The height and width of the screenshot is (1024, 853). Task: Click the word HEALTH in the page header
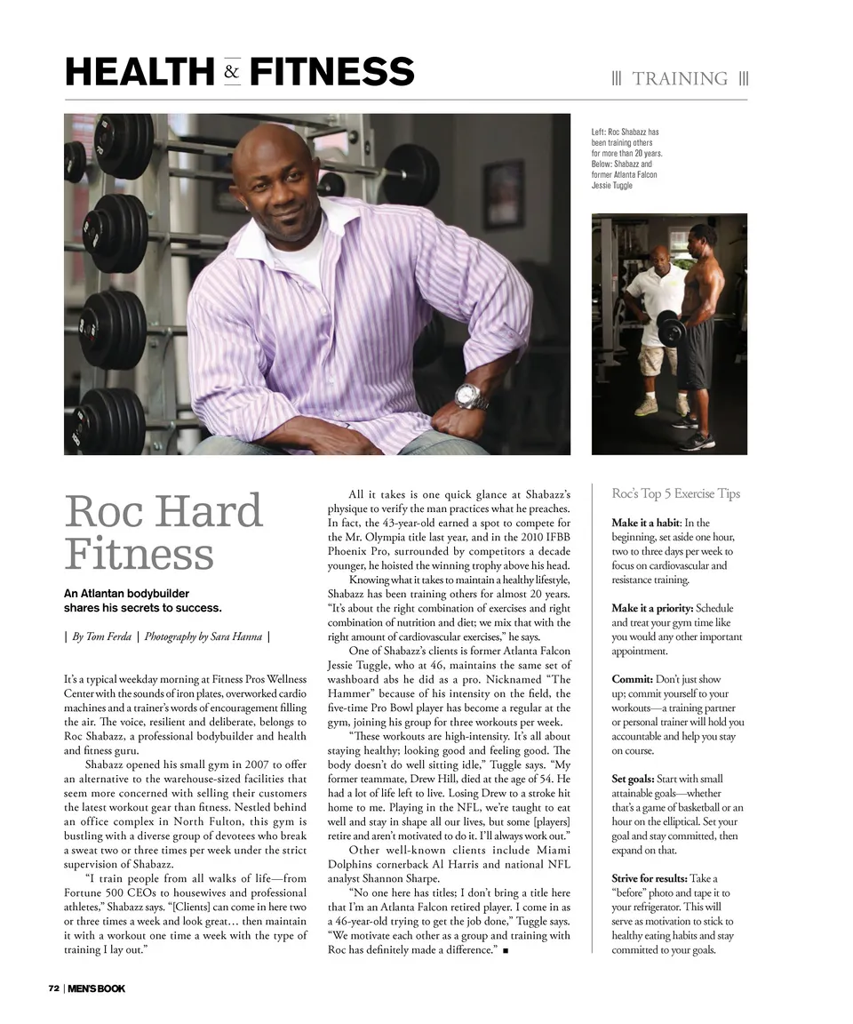[140, 72]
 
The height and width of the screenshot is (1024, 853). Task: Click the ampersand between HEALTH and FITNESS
[232, 72]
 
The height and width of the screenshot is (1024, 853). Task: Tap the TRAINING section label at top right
[680, 79]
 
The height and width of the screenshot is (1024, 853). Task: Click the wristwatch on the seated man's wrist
[471, 396]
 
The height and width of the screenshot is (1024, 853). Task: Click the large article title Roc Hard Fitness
[164, 532]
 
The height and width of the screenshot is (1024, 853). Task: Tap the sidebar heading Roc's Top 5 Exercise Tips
[675, 493]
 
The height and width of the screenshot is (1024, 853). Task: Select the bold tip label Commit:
[632, 679]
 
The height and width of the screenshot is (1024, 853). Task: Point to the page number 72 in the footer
[53, 989]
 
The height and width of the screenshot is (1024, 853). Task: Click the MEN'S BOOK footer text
[96, 989]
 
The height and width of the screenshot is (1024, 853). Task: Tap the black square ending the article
[505, 951]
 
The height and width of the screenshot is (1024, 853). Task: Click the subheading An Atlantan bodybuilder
[126, 593]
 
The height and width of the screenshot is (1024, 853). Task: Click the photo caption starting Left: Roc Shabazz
[626, 159]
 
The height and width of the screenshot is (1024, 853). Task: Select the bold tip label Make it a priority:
[651, 608]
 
